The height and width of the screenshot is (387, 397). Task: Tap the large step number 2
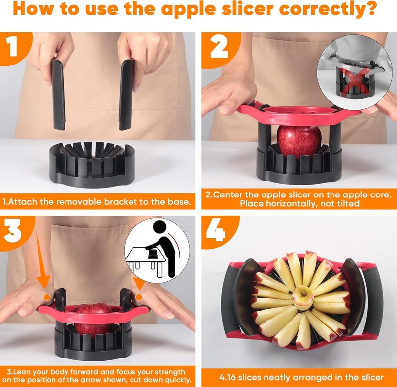219,48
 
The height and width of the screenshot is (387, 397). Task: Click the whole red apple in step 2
299,141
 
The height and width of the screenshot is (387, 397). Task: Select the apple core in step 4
302,298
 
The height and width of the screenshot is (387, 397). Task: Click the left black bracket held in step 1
58,94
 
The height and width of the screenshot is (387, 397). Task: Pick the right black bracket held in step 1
126,94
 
